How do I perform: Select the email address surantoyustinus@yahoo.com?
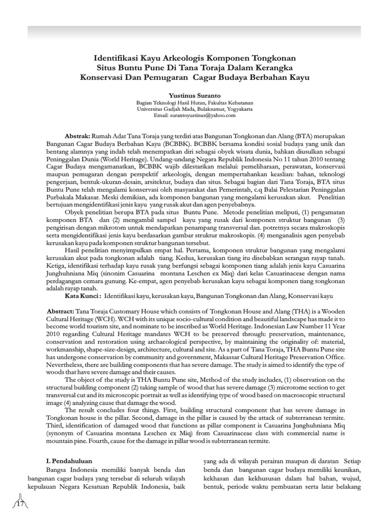pyautogui.click(x=203, y=115)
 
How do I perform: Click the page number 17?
pyautogui.click(x=21, y=504)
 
